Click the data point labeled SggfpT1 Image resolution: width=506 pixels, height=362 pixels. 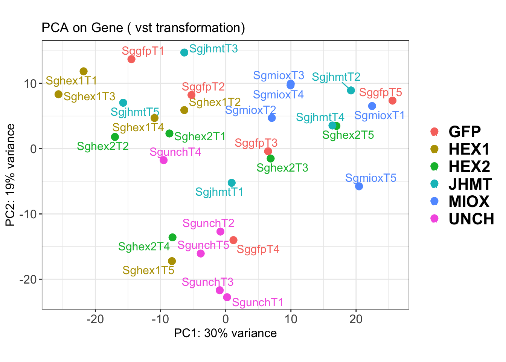[131, 59]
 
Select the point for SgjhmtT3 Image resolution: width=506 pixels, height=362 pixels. [184, 52]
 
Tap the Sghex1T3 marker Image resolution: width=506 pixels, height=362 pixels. [58, 94]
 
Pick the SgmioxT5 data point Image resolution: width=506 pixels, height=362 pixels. [359, 186]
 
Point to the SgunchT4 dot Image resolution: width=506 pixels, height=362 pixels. [163, 160]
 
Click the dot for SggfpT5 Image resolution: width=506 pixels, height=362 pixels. [392, 101]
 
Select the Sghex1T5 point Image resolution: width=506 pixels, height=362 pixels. [172, 261]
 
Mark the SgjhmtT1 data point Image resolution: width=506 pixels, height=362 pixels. [232, 183]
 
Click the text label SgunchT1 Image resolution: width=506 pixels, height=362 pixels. [258, 302]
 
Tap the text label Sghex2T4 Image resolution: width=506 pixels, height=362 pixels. [144, 247]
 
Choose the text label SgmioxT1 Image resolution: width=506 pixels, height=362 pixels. [379, 115]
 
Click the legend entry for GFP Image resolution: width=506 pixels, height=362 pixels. [465, 132]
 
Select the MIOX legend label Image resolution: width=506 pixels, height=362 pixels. [469, 202]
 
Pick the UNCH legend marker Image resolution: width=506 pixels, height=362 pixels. [434, 219]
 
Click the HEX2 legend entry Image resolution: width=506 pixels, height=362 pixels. [469, 167]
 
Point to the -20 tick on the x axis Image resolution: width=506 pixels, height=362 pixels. [95, 319]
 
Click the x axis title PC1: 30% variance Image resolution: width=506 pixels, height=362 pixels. [225, 333]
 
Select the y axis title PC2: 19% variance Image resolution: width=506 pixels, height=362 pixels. [11, 175]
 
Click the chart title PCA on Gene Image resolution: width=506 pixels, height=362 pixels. [143, 28]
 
